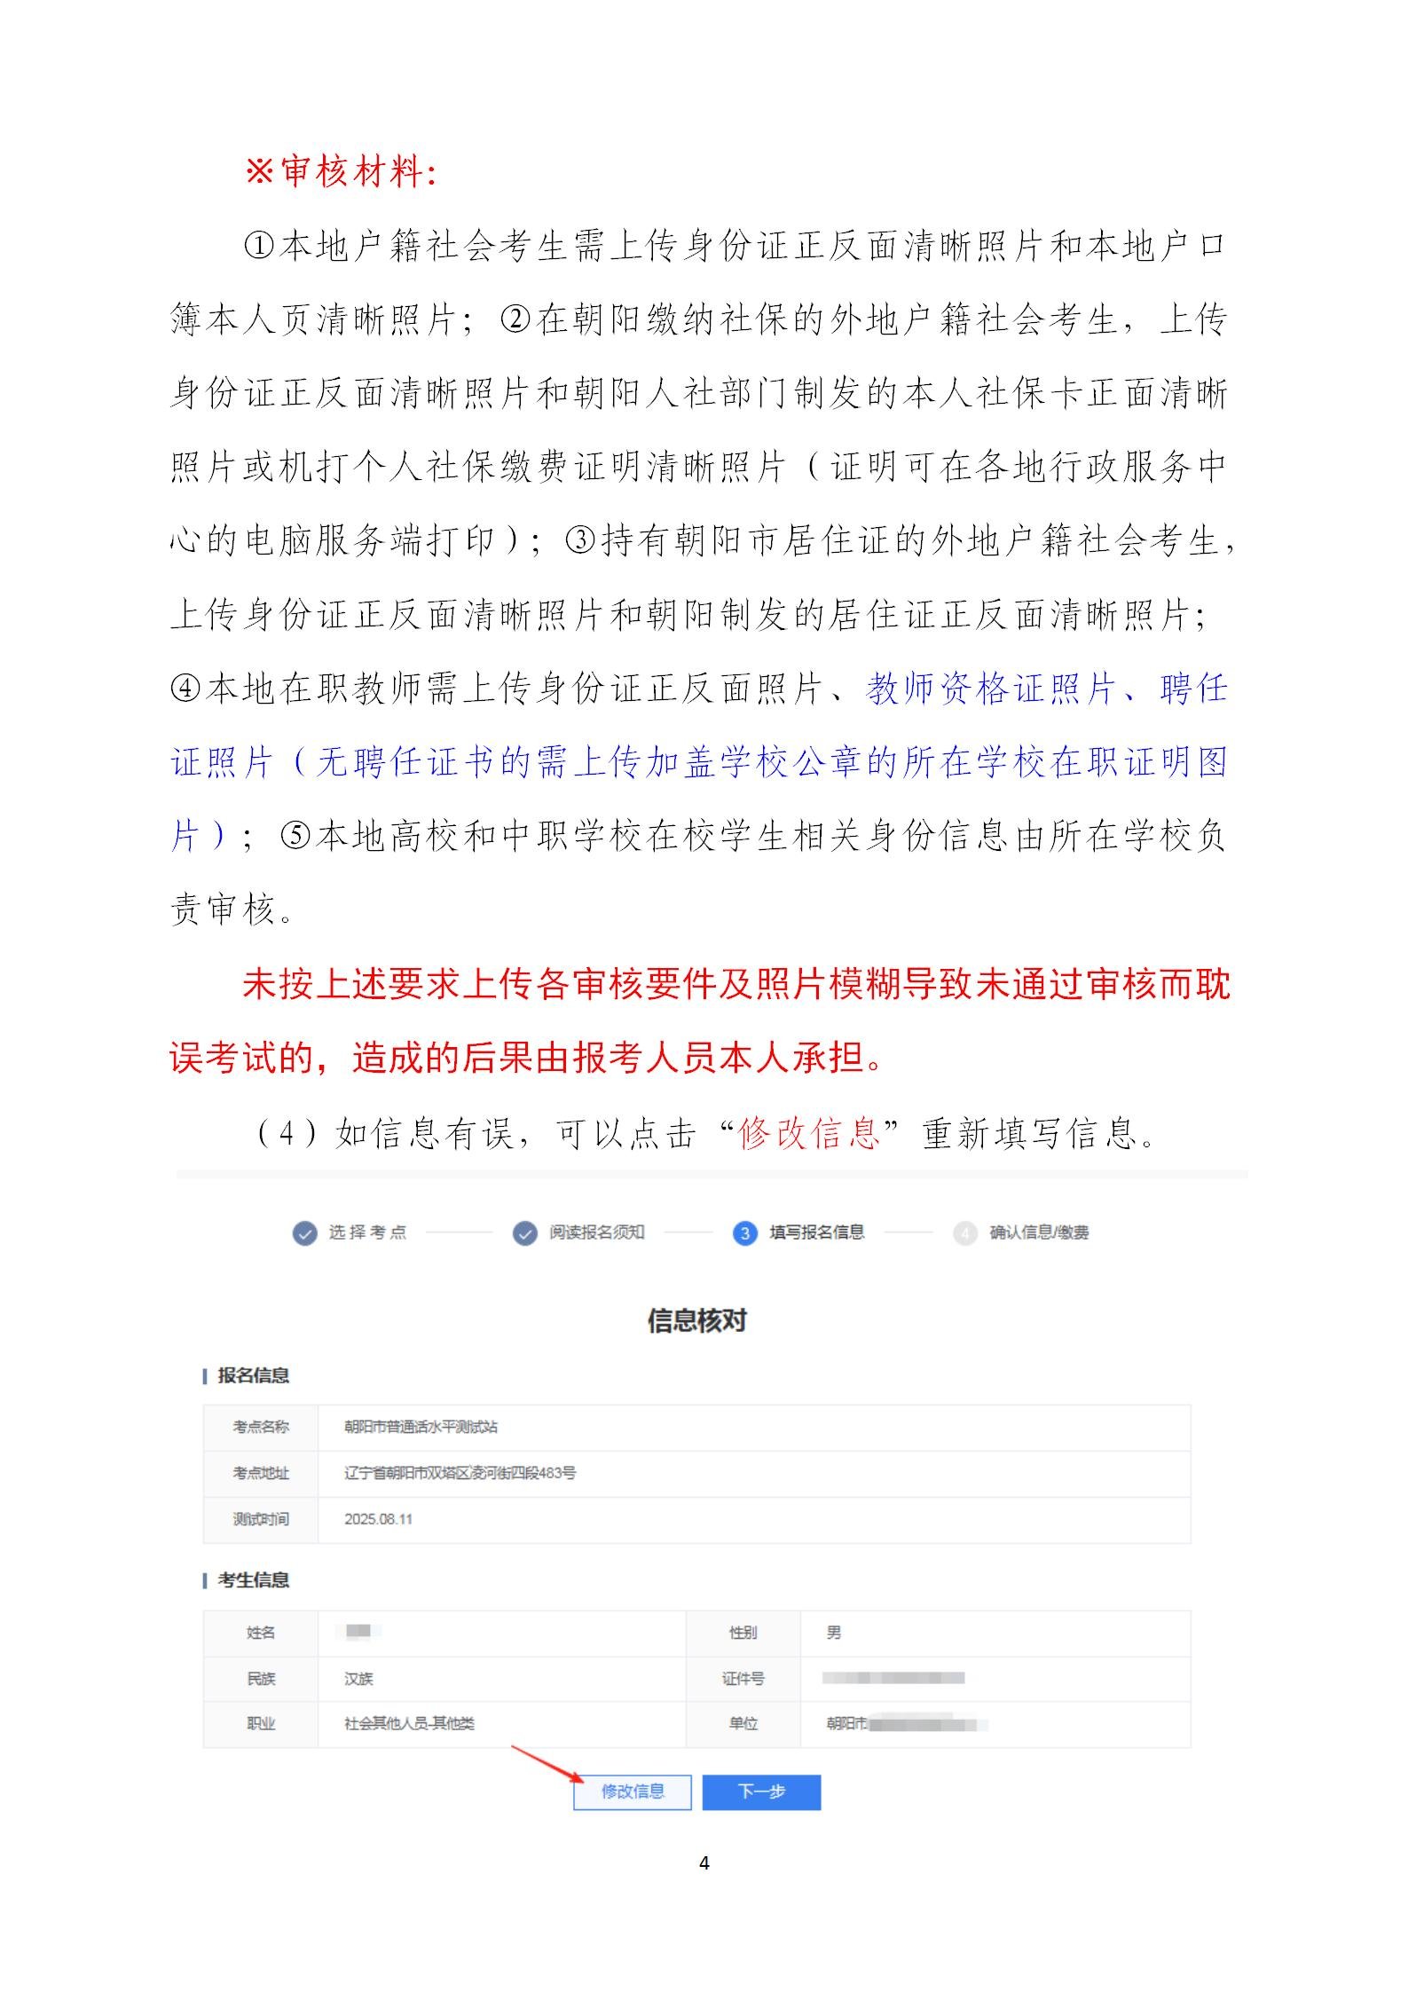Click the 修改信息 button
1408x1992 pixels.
[633, 1791]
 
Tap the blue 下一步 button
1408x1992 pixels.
[761, 1791]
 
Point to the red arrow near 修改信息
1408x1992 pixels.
[547, 1763]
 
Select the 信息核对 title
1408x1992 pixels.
[697, 1321]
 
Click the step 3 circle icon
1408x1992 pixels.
[744, 1233]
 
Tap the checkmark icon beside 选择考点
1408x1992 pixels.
[304, 1233]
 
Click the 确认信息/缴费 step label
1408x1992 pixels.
[1039, 1232]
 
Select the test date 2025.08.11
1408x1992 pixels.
[379, 1519]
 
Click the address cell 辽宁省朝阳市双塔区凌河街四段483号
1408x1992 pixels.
[460, 1473]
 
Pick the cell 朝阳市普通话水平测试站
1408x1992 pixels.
[421, 1427]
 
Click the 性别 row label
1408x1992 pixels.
[743, 1633]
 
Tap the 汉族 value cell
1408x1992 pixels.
[359, 1679]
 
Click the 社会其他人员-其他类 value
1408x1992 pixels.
[409, 1724]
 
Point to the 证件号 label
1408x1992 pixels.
[743, 1679]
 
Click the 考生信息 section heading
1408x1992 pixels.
[253, 1580]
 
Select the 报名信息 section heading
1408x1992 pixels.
[253, 1376]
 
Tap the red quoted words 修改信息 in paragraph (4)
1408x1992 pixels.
[808, 1133]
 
